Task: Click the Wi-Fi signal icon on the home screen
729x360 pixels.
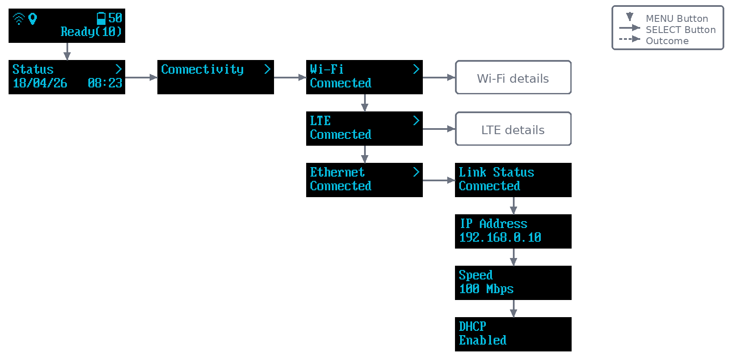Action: tap(19, 19)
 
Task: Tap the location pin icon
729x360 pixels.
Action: tap(33, 19)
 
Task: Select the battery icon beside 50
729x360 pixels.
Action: tap(101, 18)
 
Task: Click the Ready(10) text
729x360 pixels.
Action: tap(91, 32)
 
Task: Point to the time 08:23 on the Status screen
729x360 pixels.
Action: tap(105, 83)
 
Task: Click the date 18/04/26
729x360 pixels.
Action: tap(40, 83)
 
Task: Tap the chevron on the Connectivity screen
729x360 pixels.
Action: tap(267, 69)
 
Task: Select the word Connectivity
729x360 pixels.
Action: tap(202, 69)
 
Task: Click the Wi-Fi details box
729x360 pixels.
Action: tap(513, 78)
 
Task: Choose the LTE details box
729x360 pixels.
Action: tap(513, 129)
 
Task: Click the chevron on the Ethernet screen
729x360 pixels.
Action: tap(416, 172)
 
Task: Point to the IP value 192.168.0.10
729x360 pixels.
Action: tap(500, 237)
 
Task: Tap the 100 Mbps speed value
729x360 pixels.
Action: tap(486, 289)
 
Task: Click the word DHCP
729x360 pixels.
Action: tap(473, 326)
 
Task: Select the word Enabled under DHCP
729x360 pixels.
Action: tap(482, 340)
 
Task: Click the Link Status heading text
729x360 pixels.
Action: tap(496, 172)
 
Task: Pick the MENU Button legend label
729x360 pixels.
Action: tap(677, 18)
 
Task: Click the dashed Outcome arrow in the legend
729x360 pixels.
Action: tap(630, 39)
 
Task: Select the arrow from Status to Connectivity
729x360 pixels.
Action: tap(141, 78)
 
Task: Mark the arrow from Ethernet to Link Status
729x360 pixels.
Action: tap(439, 180)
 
